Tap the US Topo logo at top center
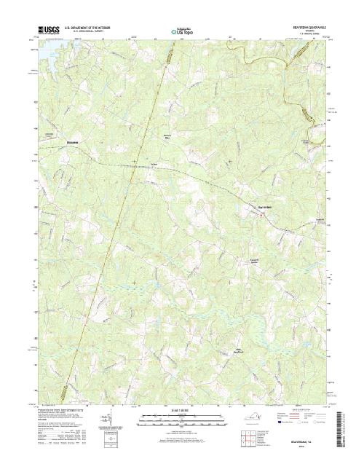[x=181, y=31]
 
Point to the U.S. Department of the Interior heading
[x=92, y=28]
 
